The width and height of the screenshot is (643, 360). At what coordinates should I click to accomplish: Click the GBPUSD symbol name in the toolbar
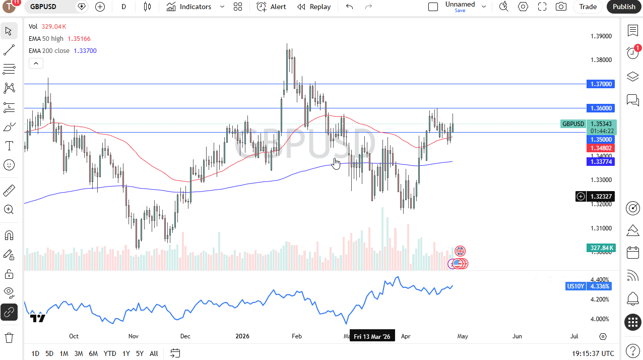43,7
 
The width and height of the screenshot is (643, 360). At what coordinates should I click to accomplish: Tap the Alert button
271,7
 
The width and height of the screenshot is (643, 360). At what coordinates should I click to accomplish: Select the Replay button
314,7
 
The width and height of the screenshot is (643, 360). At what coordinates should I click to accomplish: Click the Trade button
588,7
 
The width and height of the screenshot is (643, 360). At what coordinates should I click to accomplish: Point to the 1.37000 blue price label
602,84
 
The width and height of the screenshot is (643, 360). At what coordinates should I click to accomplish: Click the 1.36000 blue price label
602,108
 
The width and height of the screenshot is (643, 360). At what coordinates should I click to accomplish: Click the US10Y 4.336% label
589,286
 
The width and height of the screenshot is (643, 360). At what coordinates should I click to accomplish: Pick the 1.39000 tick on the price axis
601,36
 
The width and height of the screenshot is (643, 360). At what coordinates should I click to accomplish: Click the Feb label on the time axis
297,336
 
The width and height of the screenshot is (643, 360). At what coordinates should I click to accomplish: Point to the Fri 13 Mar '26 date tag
372,336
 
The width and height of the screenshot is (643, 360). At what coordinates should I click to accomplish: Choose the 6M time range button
93,353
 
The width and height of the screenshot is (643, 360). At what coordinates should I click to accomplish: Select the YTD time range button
110,353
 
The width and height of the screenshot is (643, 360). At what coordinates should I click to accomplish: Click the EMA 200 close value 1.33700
85,51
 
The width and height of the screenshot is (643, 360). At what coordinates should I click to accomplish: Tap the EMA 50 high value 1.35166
79,39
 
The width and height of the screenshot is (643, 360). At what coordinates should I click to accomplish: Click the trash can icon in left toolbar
9,337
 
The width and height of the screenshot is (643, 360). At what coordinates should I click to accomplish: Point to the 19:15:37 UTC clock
593,353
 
